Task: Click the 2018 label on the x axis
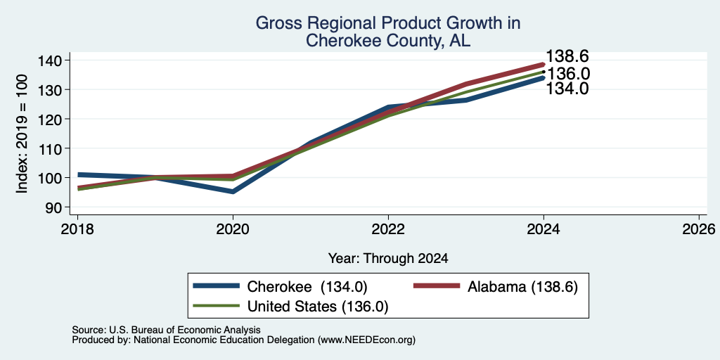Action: [x=77, y=229]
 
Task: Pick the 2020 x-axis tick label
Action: [x=233, y=229]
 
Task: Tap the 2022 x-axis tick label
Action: [x=388, y=229]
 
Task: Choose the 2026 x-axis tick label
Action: [x=699, y=229]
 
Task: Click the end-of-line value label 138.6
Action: [x=567, y=56]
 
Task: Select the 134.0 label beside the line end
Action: [x=567, y=89]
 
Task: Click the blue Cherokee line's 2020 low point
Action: [x=233, y=191]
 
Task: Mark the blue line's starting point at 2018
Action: [x=78, y=174]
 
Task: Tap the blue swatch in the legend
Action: [x=217, y=286]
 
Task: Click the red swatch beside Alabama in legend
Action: [x=437, y=286]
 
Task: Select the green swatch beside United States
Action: [x=217, y=306]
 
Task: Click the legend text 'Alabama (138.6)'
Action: [x=522, y=287]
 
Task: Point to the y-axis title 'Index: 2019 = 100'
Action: [x=22, y=134]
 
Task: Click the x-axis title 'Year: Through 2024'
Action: [x=388, y=259]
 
